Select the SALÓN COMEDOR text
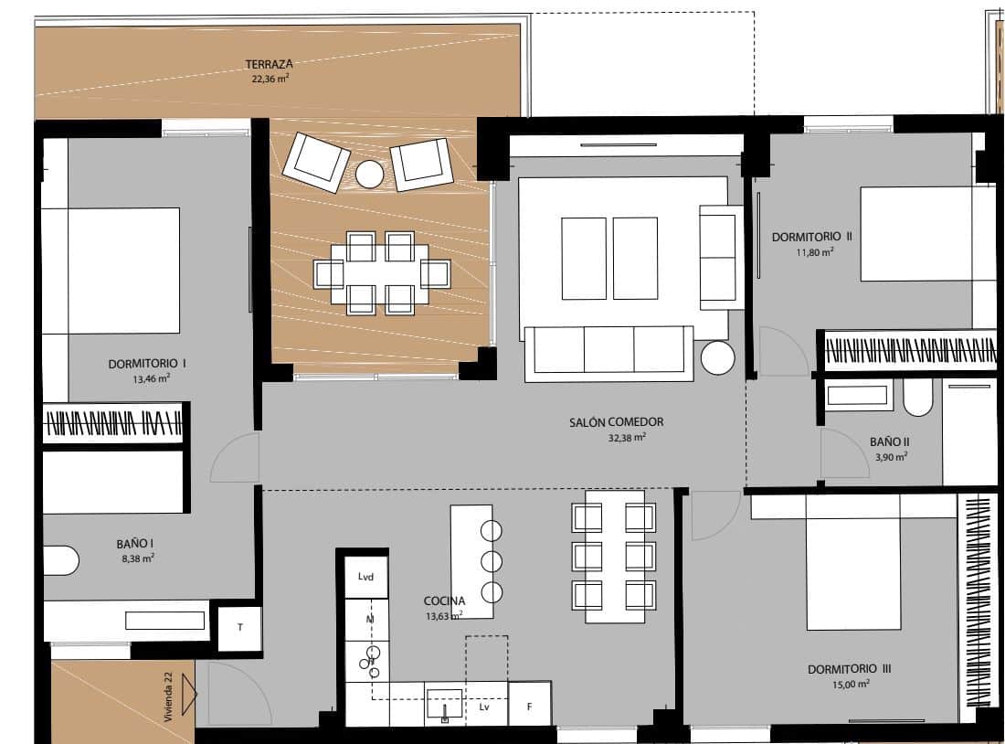616,422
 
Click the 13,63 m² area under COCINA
443,616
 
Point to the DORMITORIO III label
850,669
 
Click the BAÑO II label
890,441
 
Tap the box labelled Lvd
366,577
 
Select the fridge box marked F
529,707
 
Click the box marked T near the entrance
240,627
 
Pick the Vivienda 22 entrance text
168,696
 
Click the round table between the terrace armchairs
370,174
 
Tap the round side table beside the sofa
718,358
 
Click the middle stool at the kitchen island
492,560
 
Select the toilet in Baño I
60,560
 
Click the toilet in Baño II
916,398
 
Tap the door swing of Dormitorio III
714,515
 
